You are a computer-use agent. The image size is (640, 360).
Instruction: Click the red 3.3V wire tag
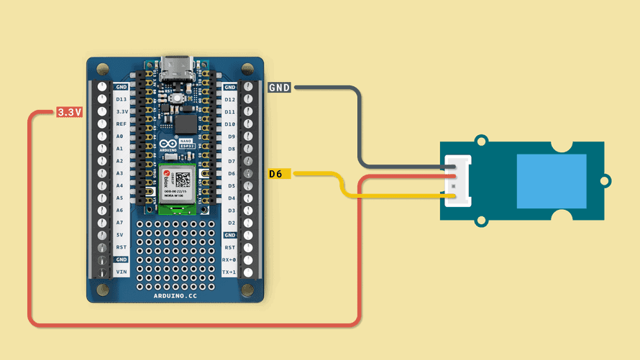tap(70, 112)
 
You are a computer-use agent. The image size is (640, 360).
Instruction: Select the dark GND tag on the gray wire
tap(279, 88)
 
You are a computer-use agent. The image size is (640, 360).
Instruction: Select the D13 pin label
tap(122, 99)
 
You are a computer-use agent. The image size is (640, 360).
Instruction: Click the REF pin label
tap(122, 124)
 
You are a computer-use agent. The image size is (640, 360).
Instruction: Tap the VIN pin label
tap(122, 272)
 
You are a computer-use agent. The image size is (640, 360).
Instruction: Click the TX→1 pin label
tap(229, 272)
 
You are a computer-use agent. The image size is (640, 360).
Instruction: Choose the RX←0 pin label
tap(229, 259)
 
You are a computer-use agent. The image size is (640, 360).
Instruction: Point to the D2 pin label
tap(231, 223)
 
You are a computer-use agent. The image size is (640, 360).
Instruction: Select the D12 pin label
tap(230, 99)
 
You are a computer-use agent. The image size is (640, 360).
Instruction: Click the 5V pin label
tap(121, 235)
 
